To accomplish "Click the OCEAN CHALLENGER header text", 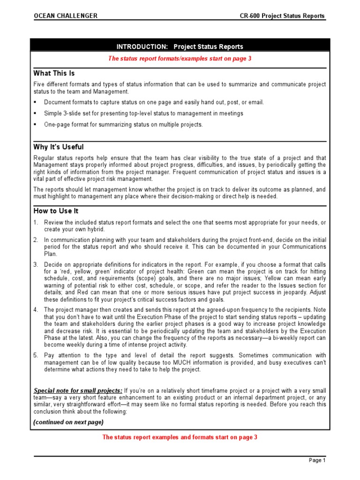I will (x=65, y=16).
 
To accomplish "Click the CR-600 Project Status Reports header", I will (x=282, y=16).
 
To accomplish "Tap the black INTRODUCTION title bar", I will (x=180, y=46).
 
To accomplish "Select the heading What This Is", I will (x=54, y=74).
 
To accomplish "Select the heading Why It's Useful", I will (x=59, y=147).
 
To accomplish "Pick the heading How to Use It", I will (x=56, y=211).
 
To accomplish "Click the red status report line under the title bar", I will (x=180, y=59).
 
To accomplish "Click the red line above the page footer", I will (x=180, y=437).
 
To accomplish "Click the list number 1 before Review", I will (x=36, y=222).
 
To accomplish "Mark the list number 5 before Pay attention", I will (x=36, y=355).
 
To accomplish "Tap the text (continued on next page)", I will (x=68, y=422).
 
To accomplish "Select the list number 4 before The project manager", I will (x=36, y=310).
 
